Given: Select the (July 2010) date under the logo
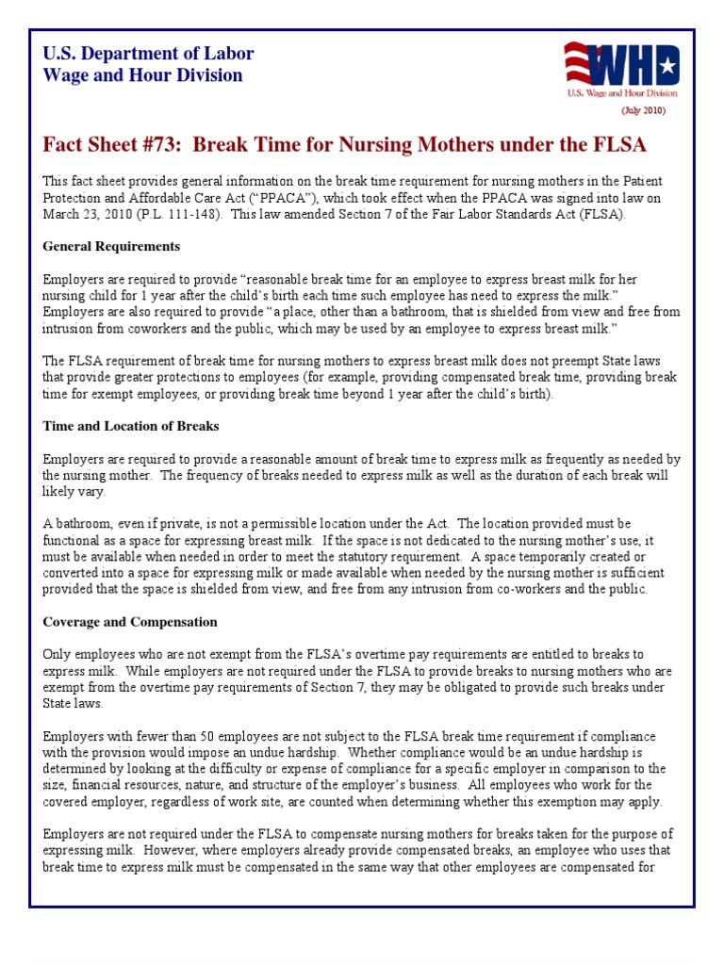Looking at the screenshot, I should [x=643, y=110].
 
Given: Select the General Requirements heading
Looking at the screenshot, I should [x=111, y=246].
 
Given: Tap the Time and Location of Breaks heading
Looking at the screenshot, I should [x=130, y=426].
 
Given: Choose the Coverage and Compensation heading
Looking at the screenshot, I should [x=130, y=622].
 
